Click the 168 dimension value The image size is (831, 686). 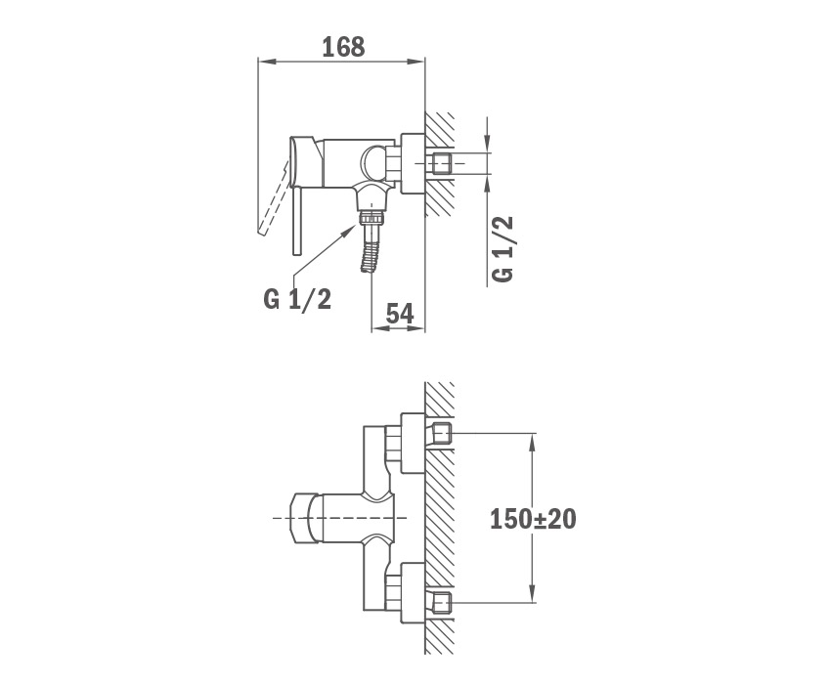click(x=343, y=47)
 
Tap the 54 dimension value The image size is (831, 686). click(x=399, y=314)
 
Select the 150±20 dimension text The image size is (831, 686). click(x=533, y=519)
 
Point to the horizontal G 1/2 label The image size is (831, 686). click(x=297, y=300)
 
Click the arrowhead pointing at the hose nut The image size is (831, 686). click(x=351, y=231)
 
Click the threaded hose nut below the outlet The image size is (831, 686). click(x=371, y=218)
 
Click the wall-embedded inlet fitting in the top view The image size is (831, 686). click(x=442, y=164)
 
